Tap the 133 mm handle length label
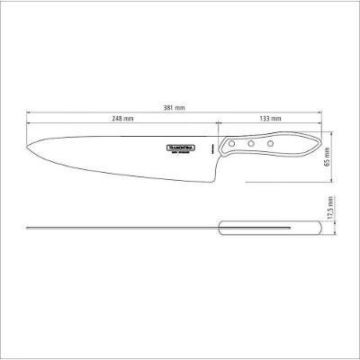[x=269, y=119]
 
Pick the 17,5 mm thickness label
[x=329, y=217]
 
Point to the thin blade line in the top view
[x=117, y=228]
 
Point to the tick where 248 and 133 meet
[x=215, y=124]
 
